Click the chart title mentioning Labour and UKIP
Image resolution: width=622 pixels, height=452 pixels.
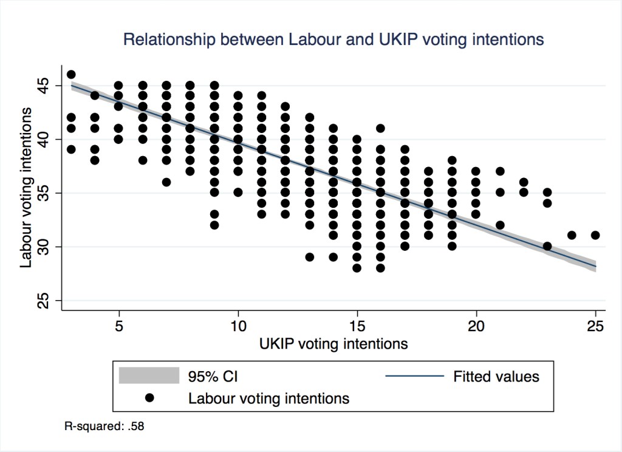coord(333,40)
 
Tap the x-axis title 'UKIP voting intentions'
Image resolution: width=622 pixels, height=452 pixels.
coord(333,344)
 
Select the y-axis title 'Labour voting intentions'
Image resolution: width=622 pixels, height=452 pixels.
coord(26,188)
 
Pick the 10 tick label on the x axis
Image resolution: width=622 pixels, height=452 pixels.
coord(238,327)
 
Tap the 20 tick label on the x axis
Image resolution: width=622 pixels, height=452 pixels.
coord(476,327)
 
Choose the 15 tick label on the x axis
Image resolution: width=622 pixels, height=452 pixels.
coord(357,327)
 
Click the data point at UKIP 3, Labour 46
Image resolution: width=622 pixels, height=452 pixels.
coord(71,75)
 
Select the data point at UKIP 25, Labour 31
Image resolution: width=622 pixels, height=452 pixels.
coord(595,235)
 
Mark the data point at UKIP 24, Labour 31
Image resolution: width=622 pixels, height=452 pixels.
coord(572,235)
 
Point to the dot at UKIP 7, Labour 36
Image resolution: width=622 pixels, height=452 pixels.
coord(166,182)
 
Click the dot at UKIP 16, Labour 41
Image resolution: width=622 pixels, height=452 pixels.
coord(381,128)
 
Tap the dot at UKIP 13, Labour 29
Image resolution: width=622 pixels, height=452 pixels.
coord(310,257)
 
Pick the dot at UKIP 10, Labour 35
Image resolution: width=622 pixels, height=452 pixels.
coord(238,193)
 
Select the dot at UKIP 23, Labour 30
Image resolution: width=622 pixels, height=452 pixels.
coord(548,246)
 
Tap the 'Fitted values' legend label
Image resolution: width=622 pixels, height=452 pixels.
coord(496,377)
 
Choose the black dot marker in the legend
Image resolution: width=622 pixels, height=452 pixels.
coord(149,399)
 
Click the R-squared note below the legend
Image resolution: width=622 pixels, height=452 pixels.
coord(104,426)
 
